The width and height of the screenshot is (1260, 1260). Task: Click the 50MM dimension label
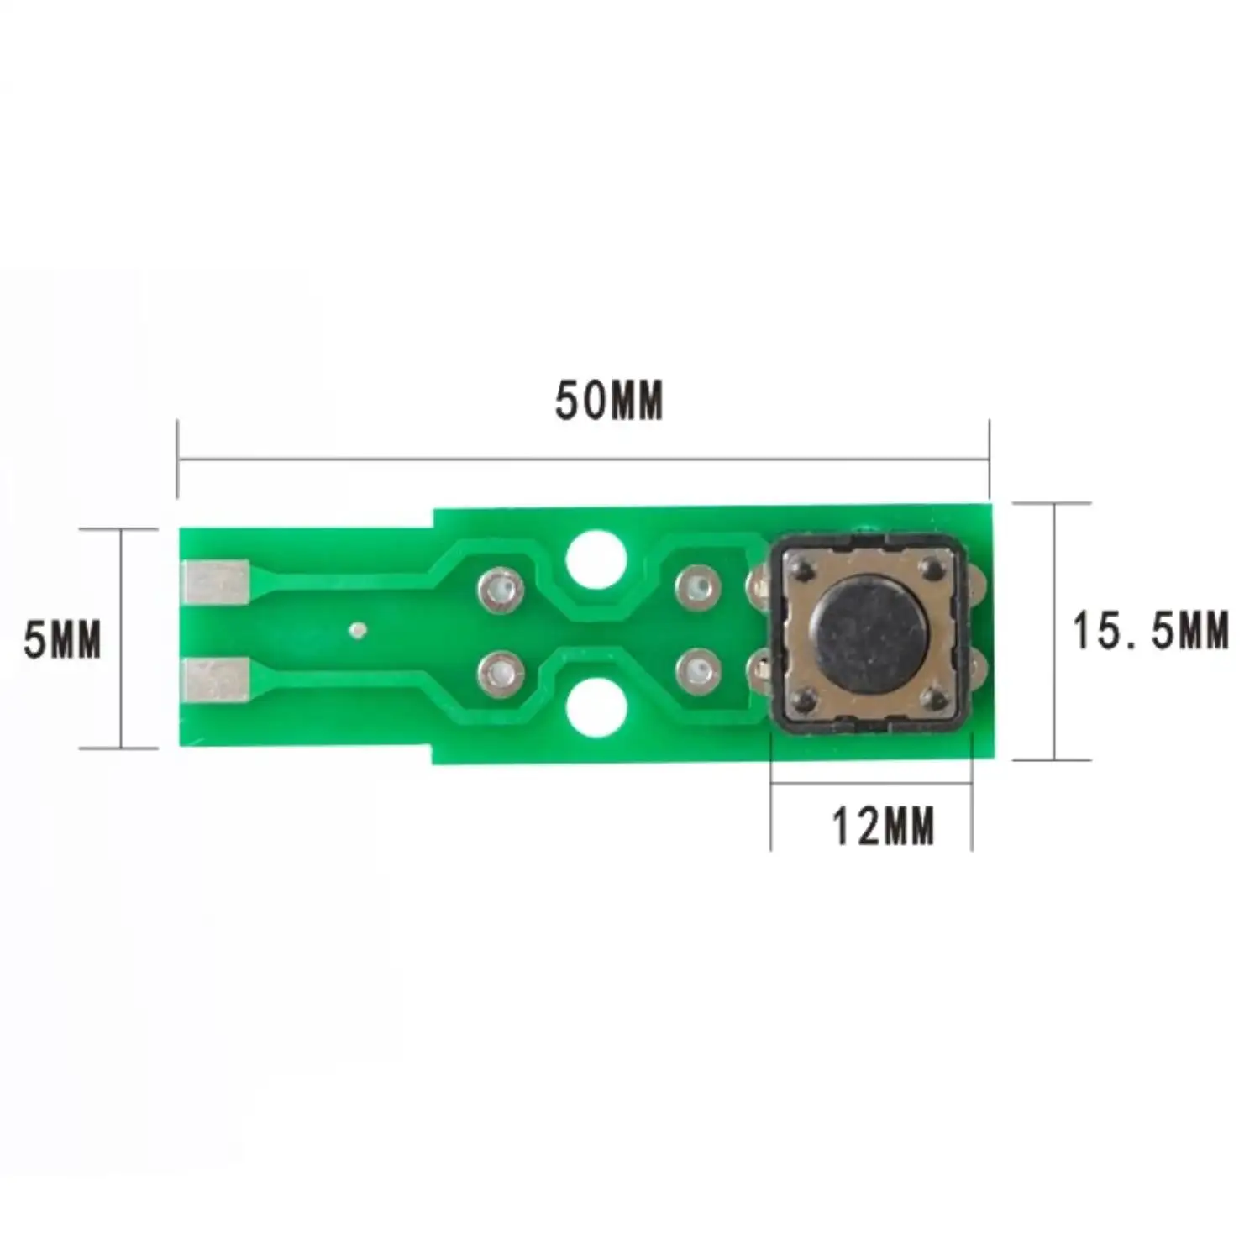[x=608, y=401]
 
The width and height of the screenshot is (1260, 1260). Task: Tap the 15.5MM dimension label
[x=1150, y=631]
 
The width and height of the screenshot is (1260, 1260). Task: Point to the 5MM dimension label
[x=62, y=639]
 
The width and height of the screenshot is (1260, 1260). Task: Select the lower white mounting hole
[x=596, y=707]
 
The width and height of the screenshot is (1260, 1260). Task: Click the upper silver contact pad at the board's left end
[x=216, y=581]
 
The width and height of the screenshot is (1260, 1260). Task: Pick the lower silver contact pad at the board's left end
[x=216, y=680]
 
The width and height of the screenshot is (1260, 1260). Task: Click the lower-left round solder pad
[x=501, y=673]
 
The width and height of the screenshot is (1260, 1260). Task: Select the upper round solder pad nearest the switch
[x=698, y=586]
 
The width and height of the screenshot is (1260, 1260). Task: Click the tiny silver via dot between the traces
[x=358, y=628]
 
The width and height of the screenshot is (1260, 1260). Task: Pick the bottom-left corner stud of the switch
[x=805, y=699]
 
